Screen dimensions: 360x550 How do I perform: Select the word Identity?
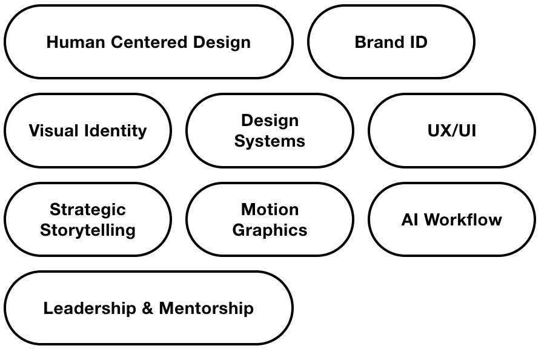point(115,131)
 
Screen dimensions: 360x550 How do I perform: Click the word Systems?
point(270,141)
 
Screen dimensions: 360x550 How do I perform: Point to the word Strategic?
point(88,210)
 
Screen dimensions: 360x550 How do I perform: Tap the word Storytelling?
point(88,230)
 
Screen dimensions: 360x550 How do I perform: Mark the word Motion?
point(270,210)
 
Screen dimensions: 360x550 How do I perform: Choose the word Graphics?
point(270,230)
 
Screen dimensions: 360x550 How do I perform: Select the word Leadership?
point(90,308)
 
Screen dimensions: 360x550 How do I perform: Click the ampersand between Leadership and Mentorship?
point(147,308)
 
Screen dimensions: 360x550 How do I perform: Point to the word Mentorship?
point(206,308)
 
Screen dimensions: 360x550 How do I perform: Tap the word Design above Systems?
point(270,121)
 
